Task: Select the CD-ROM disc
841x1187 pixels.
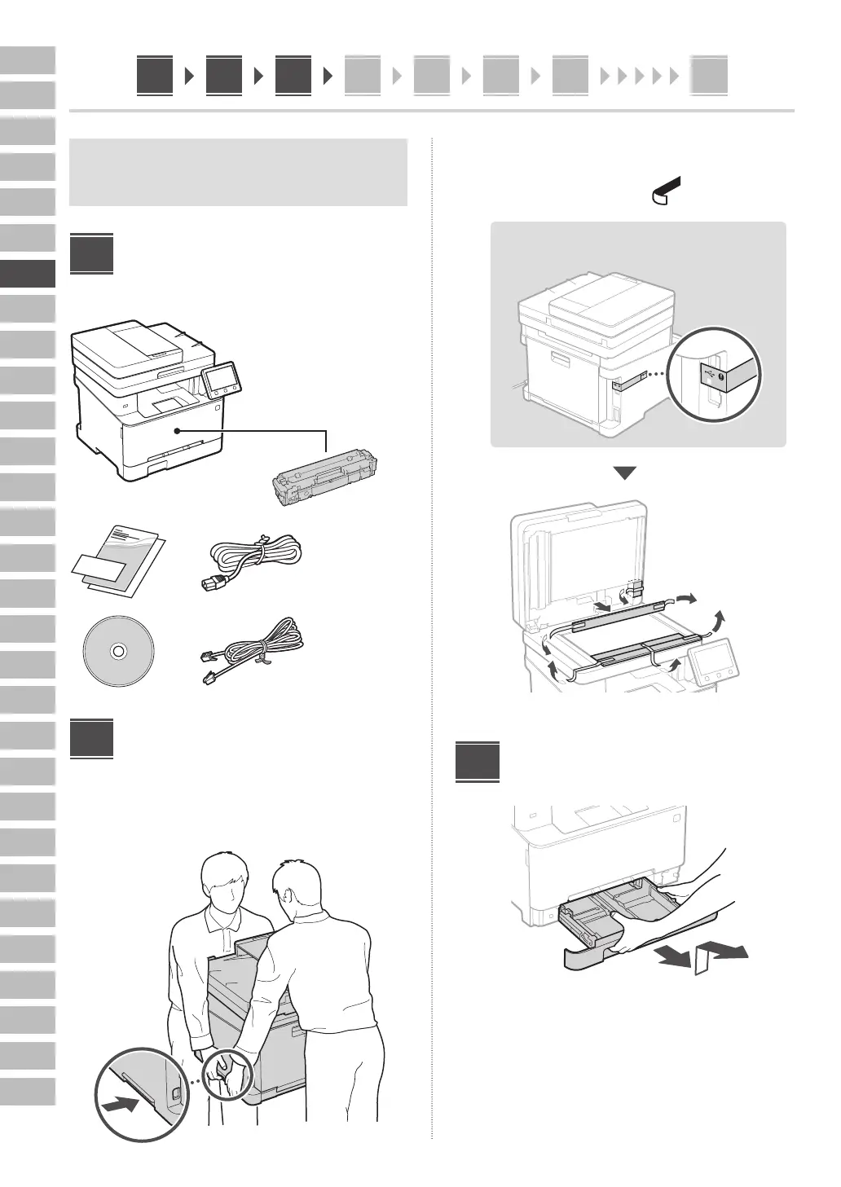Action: pyautogui.click(x=117, y=651)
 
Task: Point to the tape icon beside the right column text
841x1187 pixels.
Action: pyautogui.click(x=666, y=191)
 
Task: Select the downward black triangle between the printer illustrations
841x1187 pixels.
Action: pyautogui.click(x=624, y=473)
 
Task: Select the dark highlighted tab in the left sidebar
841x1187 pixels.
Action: pyautogui.click(x=28, y=274)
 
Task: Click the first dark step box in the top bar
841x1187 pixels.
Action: pyautogui.click(x=155, y=76)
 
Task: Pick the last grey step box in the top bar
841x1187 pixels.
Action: pyautogui.click(x=708, y=76)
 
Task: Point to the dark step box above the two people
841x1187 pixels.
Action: pyautogui.click(x=91, y=738)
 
